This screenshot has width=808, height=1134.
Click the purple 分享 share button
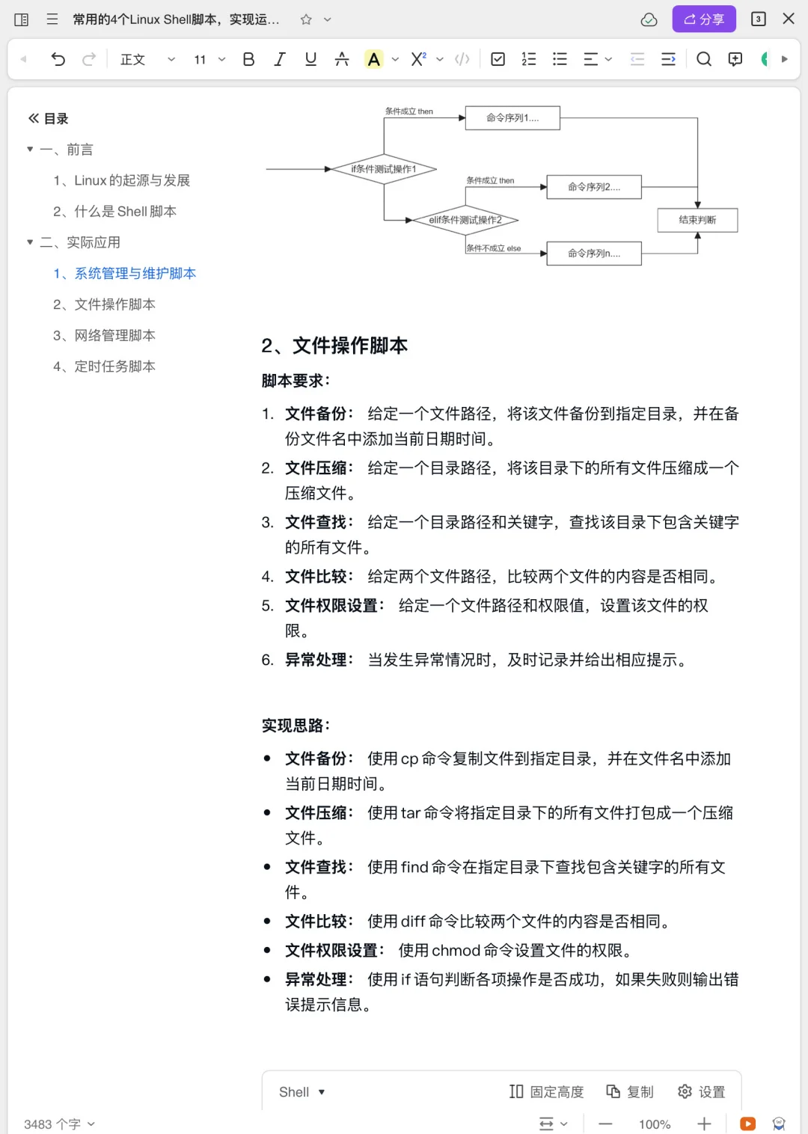tap(703, 19)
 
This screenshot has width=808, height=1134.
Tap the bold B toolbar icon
tap(248, 59)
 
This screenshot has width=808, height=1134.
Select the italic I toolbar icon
tap(280, 59)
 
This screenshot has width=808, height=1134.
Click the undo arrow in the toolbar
tap(58, 59)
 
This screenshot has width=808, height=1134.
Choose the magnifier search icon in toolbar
tap(703, 59)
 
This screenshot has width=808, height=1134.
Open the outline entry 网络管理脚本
tap(114, 335)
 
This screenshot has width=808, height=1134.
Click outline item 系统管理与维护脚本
tap(135, 273)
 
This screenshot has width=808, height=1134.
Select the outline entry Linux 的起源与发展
tap(132, 180)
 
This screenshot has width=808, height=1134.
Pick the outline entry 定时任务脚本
tap(114, 367)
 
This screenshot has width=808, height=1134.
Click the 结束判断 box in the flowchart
tap(697, 220)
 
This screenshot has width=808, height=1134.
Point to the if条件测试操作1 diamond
tap(384, 169)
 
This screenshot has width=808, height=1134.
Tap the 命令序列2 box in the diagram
tap(594, 187)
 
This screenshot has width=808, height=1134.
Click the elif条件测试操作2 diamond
tap(465, 220)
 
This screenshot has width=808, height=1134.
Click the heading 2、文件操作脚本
tap(334, 346)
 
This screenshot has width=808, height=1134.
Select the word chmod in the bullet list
tap(456, 950)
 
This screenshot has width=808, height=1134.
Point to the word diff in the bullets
tap(412, 922)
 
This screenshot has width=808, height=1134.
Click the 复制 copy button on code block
tap(630, 1092)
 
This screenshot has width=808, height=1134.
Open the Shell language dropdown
tap(302, 1092)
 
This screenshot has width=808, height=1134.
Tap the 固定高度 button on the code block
tap(547, 1092)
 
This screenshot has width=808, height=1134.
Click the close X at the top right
tap(789, 19)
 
